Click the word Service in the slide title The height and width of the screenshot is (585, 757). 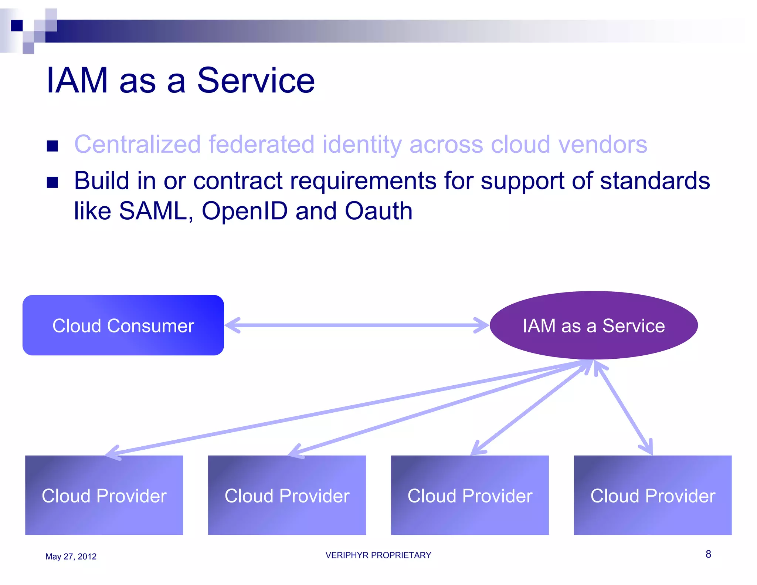coord(256,81)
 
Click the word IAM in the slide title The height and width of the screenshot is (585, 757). coord(77,81)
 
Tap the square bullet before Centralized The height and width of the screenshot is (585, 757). coord(52,146)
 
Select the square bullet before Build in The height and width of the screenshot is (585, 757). coord(52,182)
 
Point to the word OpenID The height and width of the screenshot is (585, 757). coord(245,212)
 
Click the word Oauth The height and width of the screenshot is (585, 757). coord(378,212)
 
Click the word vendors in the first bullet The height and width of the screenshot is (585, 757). coord(602,144)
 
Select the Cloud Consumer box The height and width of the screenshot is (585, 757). coord(123,325)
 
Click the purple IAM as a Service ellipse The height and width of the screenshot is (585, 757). coord(594,325)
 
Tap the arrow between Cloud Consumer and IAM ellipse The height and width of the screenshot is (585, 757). coord(357,325)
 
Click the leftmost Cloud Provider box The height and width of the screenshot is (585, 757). coord(104,495)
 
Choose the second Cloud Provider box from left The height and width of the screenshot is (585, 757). coord(287,495)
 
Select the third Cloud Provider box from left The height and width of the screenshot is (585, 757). coord(470,495)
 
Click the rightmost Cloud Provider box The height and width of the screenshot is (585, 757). coord(652,495)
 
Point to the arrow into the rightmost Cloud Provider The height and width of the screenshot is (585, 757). coord(625,409)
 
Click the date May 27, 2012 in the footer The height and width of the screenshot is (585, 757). coord(71,557)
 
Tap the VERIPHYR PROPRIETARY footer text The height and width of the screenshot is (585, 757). coord(378,555)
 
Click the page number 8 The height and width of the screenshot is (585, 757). coord(708,554)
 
